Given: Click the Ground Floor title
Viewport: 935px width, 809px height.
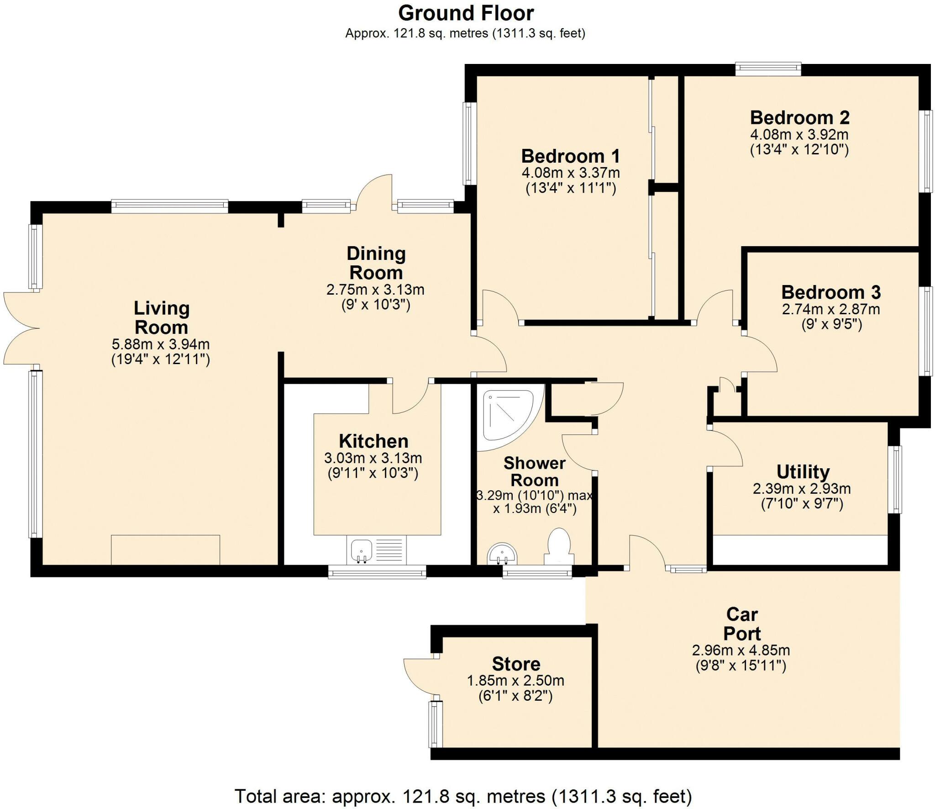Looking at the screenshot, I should (x=466, y=14).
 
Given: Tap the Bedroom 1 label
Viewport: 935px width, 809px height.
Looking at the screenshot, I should (x=570, y=156).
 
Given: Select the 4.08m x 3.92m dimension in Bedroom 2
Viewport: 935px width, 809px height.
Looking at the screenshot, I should (x=799, y=135).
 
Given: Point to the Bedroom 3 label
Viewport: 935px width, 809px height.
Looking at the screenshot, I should (x=830, y=292).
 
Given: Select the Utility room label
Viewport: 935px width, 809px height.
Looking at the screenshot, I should (x=803, y=471).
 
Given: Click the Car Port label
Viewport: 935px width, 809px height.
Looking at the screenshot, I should (x=742, y=624).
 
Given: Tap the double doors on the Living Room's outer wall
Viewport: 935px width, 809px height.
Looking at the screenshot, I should (x=21, y=328).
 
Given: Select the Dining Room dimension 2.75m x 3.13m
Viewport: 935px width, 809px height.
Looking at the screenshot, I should (x=375, y=290).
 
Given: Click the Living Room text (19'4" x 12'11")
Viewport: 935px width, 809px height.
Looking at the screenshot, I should (x=161, y=360).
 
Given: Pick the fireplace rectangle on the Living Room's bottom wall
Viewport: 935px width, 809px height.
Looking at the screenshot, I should (x=165, y=550).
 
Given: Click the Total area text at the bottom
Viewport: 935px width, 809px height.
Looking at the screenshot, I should (x=463, y=796).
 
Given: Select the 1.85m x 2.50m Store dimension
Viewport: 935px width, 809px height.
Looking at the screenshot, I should (x=515, y=681).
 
